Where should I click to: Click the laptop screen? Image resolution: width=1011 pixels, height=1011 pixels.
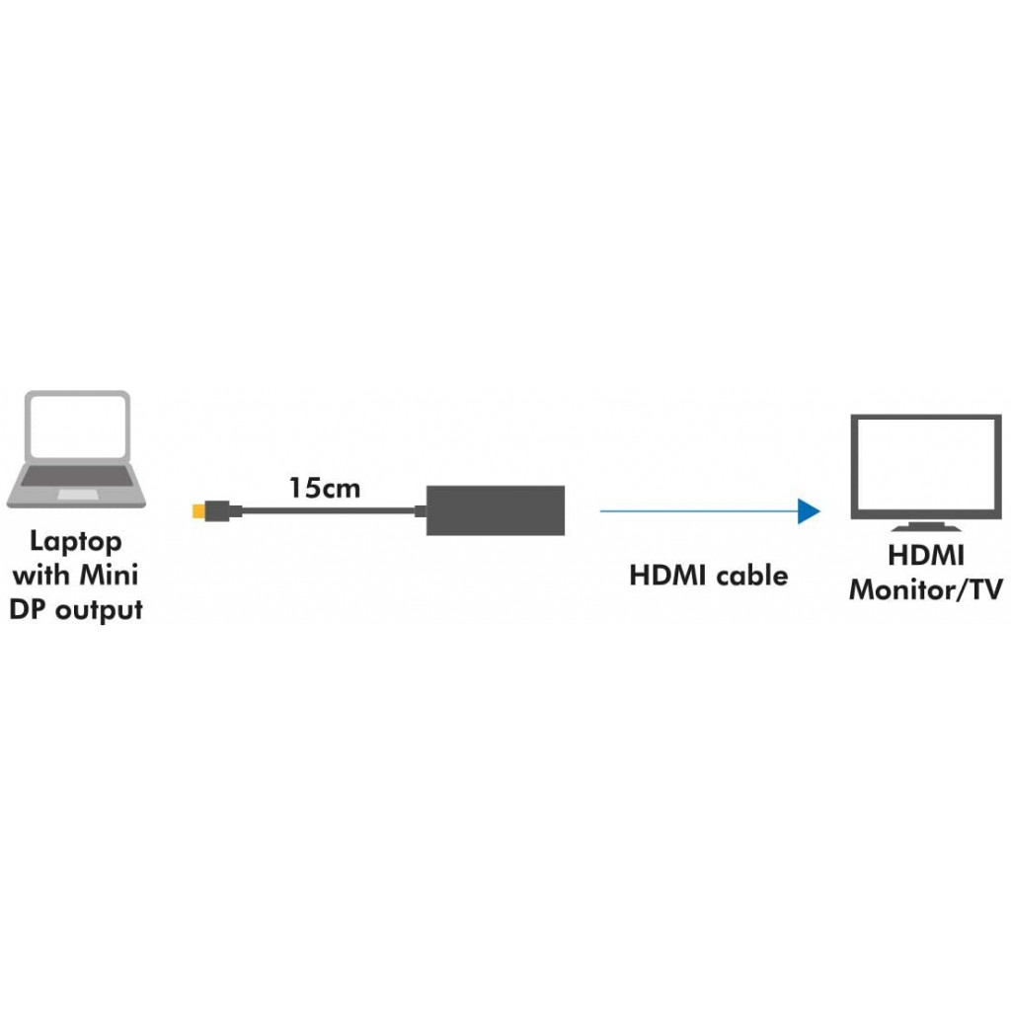coord(77,426)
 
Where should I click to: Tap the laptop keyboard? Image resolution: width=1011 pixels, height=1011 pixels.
coord(77,476)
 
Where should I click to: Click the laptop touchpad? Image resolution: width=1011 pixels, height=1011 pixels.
coord(78,494)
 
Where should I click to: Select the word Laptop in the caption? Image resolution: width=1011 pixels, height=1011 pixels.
coord(76,542)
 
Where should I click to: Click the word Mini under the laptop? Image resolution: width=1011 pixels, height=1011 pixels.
coord(109,574)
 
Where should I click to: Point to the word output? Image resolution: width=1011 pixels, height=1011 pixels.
coord(100,610)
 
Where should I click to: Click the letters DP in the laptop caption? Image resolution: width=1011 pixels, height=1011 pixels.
coord(29,609)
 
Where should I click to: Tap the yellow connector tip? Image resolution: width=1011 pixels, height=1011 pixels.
coord(198,511)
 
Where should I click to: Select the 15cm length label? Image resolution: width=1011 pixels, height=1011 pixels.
coord(324,488)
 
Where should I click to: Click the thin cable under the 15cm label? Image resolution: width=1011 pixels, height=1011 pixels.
coord(328,511)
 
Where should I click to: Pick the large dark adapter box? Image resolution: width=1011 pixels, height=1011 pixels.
coord(496,510)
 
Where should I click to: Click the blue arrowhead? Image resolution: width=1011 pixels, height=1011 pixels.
coord(809,511)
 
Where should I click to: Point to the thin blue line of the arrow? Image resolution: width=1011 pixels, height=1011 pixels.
coord(699,511)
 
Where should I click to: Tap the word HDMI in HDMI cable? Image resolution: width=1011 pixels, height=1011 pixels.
coord(667,576)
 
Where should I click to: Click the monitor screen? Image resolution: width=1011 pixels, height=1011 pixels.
coord(926,464)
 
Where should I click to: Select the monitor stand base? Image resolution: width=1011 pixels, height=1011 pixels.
coord(926,527)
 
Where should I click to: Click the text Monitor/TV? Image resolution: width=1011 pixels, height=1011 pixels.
coord(926,589)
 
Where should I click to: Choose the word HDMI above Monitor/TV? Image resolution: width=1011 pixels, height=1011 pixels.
coord(926,555)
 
